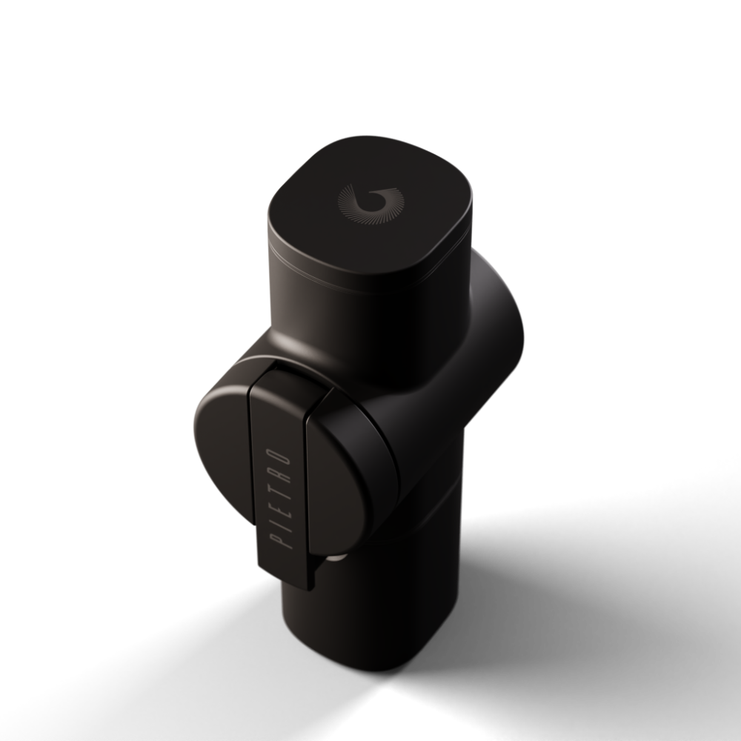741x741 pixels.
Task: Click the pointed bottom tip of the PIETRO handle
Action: point(310,589)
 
